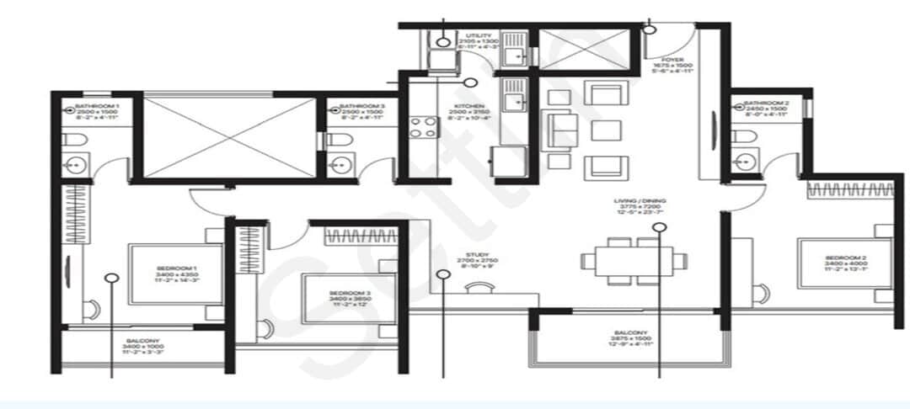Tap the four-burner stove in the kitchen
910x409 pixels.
pos(423,127)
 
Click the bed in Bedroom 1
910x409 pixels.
pos(175,274)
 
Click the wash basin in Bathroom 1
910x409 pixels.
pos(76,162)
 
